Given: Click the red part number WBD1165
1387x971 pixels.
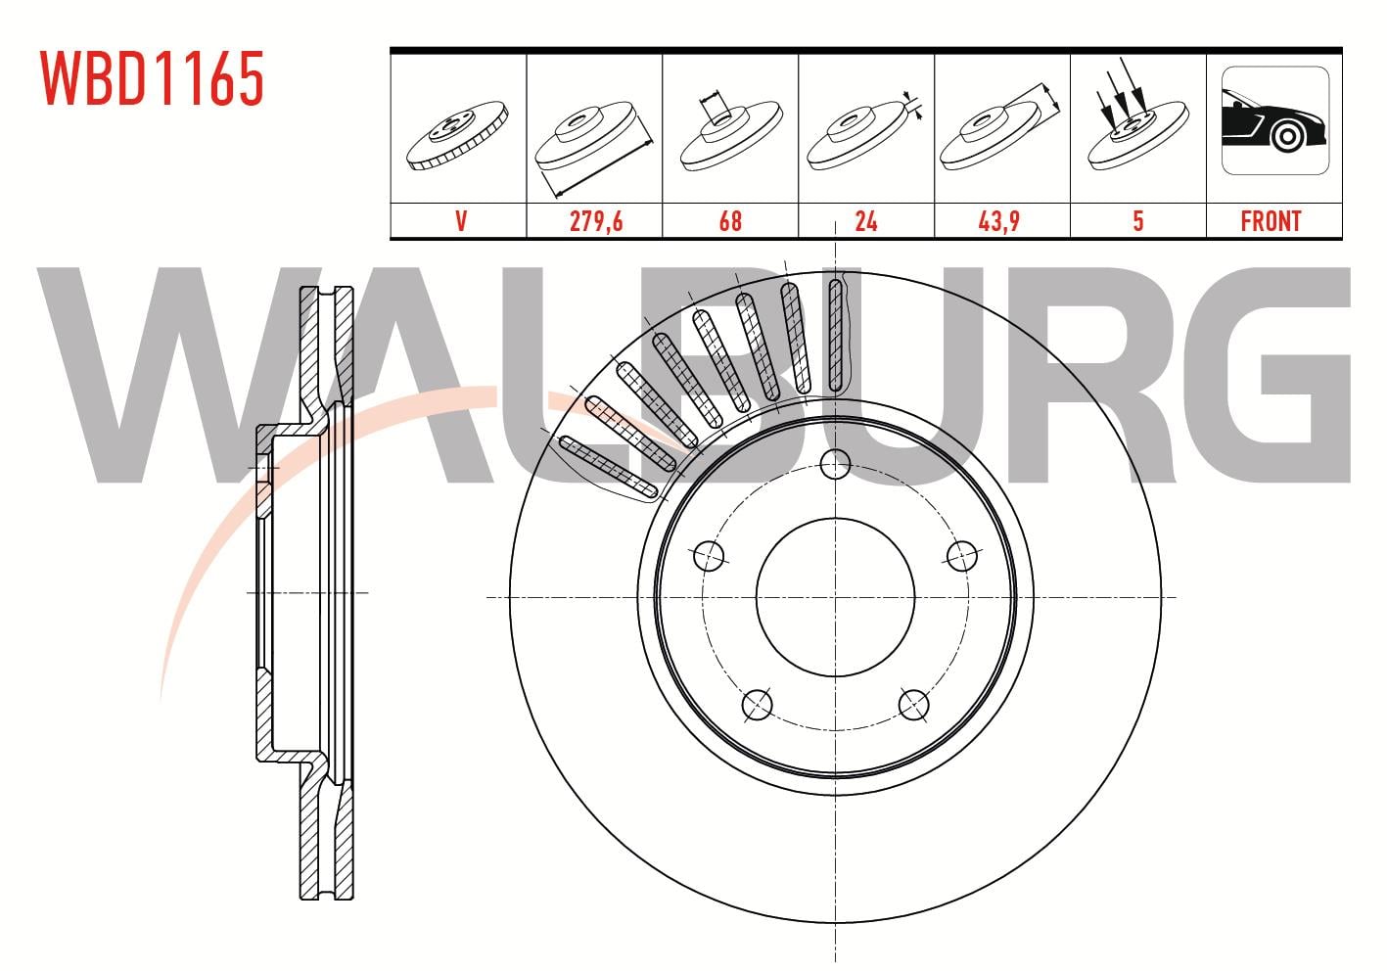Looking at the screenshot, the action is pos(152,78).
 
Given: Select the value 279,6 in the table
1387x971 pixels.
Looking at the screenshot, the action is pos(596,221).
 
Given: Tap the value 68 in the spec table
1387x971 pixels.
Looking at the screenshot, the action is pos(730,221).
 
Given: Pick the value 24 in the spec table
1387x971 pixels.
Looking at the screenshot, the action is pos(865,221).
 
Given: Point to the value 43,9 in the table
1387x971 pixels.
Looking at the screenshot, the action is pos(998,221).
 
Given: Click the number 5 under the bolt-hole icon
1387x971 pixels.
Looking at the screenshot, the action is pos(1138,221).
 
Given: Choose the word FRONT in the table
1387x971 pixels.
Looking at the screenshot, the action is pos(1271,221).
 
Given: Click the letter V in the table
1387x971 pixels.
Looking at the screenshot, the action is pos(461,221).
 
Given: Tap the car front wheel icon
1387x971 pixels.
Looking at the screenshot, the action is pos(1274,120).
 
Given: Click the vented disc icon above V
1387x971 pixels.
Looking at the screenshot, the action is pos(457,135).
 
